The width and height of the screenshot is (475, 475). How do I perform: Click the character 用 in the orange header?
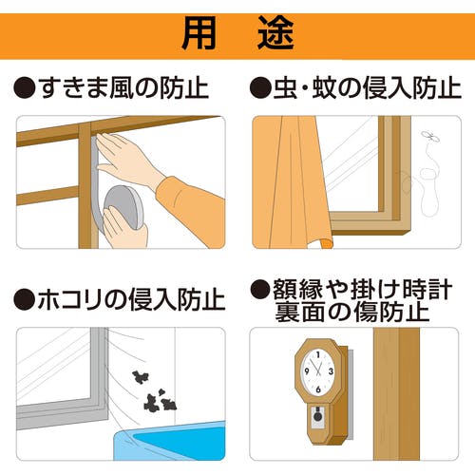(199, 33)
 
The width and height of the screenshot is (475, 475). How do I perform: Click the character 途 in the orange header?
(275, 33)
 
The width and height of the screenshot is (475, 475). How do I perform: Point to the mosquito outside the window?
(430, 137)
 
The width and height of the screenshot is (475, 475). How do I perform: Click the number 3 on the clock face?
(331, 371)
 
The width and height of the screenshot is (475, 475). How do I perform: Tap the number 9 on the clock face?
(307, 371)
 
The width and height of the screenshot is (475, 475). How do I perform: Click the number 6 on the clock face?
(318, 389)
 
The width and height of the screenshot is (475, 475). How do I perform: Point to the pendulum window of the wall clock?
(318, 417)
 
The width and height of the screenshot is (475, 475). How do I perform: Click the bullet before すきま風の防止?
(25, 88)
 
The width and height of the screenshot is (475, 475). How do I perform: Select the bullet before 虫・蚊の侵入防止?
(260, 88)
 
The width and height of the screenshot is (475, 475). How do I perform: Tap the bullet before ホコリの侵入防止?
(25, 300)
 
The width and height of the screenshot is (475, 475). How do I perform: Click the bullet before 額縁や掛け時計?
(260, 290)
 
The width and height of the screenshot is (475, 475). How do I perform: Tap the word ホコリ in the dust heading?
(70, 300)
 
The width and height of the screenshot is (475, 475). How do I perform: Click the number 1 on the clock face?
(318, 354)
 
